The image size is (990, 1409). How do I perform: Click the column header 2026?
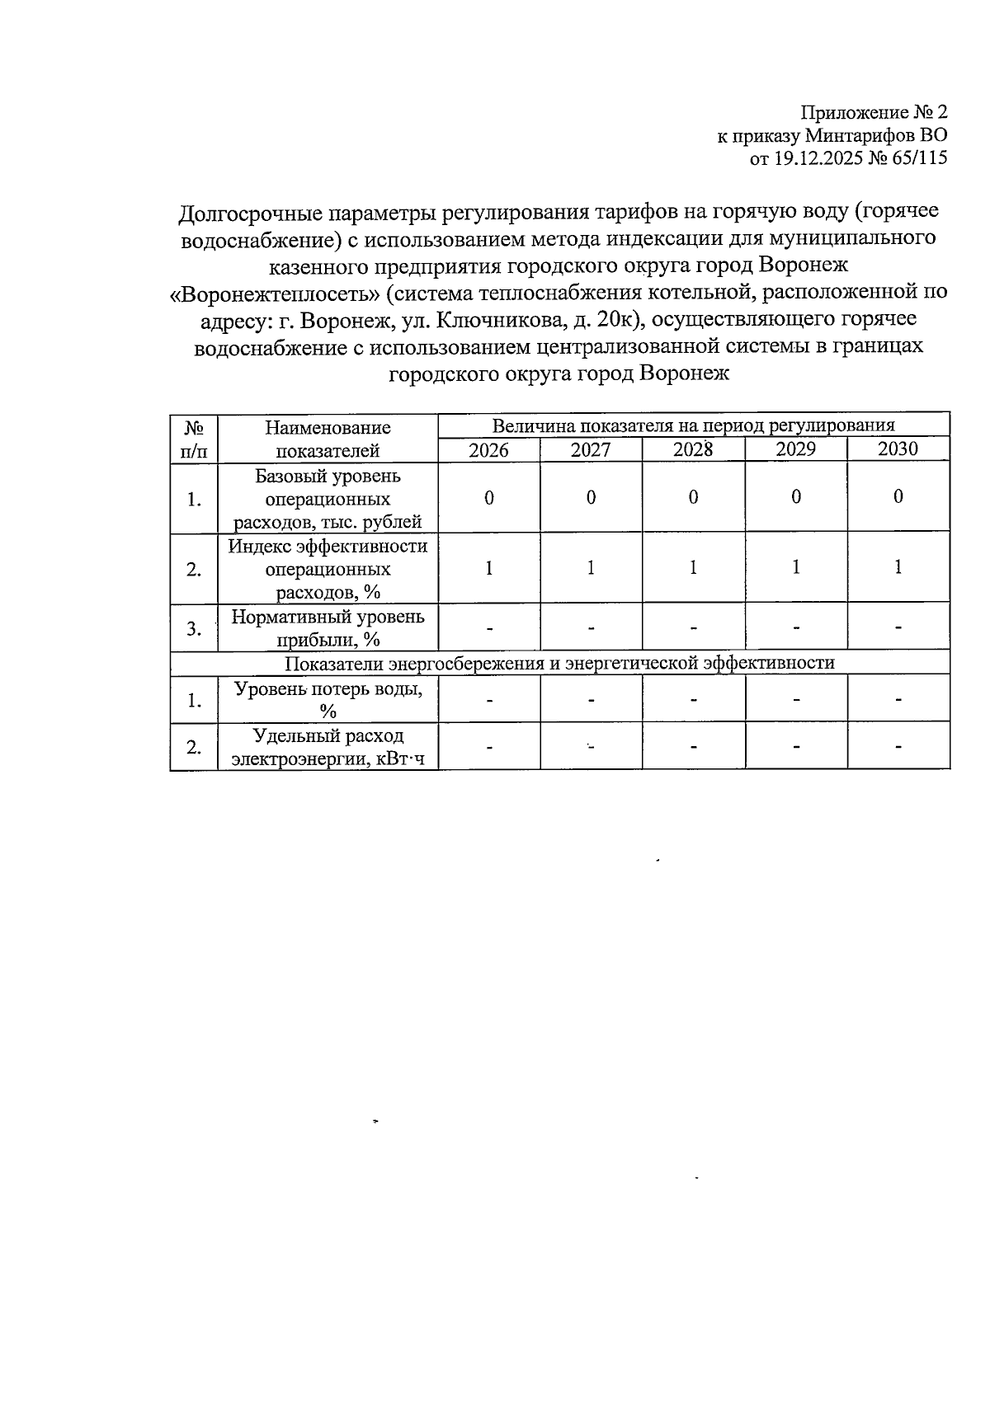tap(488, 450)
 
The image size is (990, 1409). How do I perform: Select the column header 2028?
tap(693, 449)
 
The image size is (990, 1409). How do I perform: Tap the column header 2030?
tap(898, 449)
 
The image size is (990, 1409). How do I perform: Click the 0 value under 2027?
tap(591, 497)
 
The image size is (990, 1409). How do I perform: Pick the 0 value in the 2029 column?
tap(795, 497)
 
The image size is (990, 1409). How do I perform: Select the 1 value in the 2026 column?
tap(488, 568)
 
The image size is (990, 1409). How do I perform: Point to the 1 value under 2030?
tap(898, 567)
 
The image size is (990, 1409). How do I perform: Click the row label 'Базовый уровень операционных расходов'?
tap(328, 499)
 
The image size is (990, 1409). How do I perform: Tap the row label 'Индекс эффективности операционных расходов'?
tap(328, 569)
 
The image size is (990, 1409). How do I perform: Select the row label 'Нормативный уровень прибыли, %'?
tap(328, 627)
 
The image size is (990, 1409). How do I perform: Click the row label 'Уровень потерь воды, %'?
tap(328, 700)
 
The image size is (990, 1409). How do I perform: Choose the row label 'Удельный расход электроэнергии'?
tap(328, 747)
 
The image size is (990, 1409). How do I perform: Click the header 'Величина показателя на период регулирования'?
tap(693, 425)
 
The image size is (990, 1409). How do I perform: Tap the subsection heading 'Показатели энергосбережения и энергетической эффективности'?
tap(559, 663)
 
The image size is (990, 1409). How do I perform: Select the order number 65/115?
tap(917, 158)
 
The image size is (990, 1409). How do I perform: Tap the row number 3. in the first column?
tap(194, 628)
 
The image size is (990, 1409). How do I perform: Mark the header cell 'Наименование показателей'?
tap(328, 439)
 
